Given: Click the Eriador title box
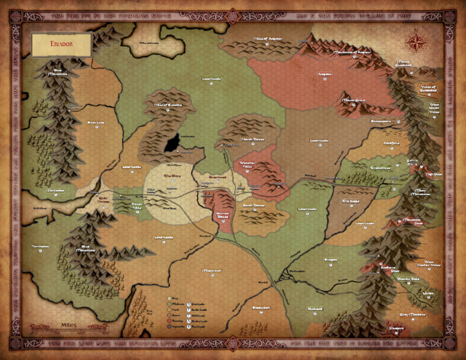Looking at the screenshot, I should (61, 44).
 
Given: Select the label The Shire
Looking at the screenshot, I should (173, 177).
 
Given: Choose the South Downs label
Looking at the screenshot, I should (254, 205).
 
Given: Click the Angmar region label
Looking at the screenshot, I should (325, 74).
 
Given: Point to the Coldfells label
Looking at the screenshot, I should (391, 143).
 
